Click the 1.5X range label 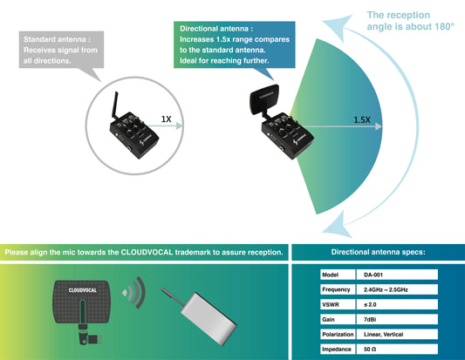click(361, 119)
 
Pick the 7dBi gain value click(371, 320)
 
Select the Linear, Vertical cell click(385, 334)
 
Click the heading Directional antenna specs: click(378, 252)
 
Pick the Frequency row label click(335, 288)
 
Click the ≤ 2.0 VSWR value click(372, 304)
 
